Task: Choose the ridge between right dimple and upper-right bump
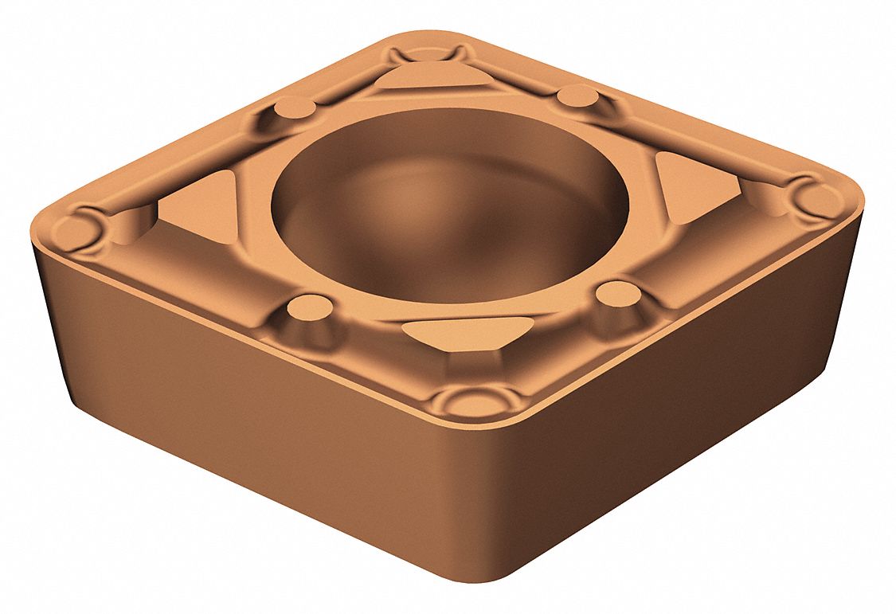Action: point(701,143)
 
